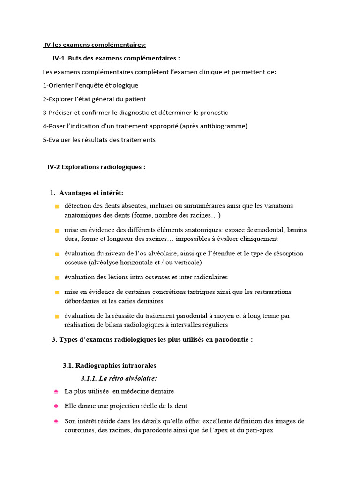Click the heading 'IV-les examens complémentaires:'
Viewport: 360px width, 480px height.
(95, 45)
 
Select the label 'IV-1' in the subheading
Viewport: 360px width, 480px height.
(59, 58)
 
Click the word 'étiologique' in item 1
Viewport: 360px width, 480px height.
(121, 85)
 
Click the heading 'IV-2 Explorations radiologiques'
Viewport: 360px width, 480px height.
(97, 167)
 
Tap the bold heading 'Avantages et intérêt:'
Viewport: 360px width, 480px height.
(91, 193)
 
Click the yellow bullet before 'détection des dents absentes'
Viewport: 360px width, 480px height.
(57, 206)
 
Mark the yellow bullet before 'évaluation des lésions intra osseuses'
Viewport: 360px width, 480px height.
(57, 278)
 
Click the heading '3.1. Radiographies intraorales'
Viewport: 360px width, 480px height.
(109, 365)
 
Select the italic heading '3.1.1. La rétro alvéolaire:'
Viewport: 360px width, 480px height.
(119, 378)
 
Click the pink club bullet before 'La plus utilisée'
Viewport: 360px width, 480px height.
(56, 391)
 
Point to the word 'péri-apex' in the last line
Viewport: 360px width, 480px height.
(257, 429)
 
